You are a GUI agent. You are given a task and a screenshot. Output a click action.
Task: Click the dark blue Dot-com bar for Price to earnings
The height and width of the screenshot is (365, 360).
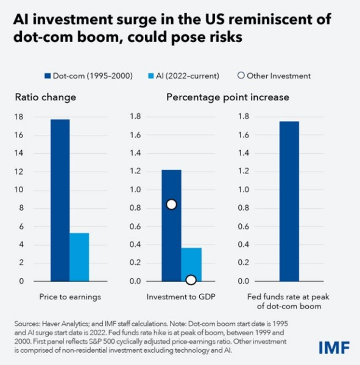60,200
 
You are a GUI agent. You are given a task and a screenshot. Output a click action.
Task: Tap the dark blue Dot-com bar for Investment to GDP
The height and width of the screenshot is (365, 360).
171,225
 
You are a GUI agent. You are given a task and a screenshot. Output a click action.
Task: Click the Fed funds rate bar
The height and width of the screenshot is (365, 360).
289,201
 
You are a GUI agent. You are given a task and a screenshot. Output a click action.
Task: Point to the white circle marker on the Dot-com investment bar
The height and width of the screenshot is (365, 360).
171,204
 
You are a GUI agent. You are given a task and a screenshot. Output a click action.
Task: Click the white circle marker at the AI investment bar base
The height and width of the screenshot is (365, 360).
191,280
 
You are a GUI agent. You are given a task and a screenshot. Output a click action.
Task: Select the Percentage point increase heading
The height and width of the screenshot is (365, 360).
227,97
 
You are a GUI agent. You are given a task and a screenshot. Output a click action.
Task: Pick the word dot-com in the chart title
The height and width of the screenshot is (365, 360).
40,36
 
